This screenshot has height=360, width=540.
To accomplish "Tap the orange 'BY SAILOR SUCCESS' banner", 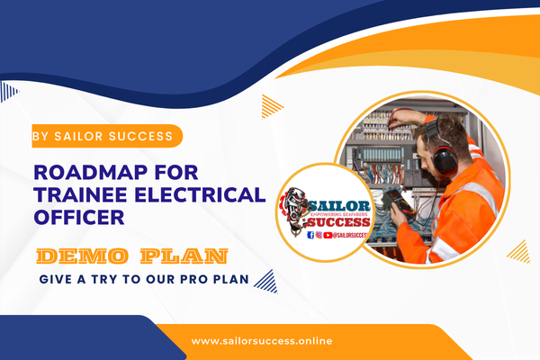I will tap(106, 138).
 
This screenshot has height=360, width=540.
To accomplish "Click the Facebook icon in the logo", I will tap(310, 234).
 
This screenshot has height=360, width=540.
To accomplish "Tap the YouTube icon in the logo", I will tap(328, 234).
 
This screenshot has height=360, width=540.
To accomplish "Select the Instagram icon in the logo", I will tap(319, 234).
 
